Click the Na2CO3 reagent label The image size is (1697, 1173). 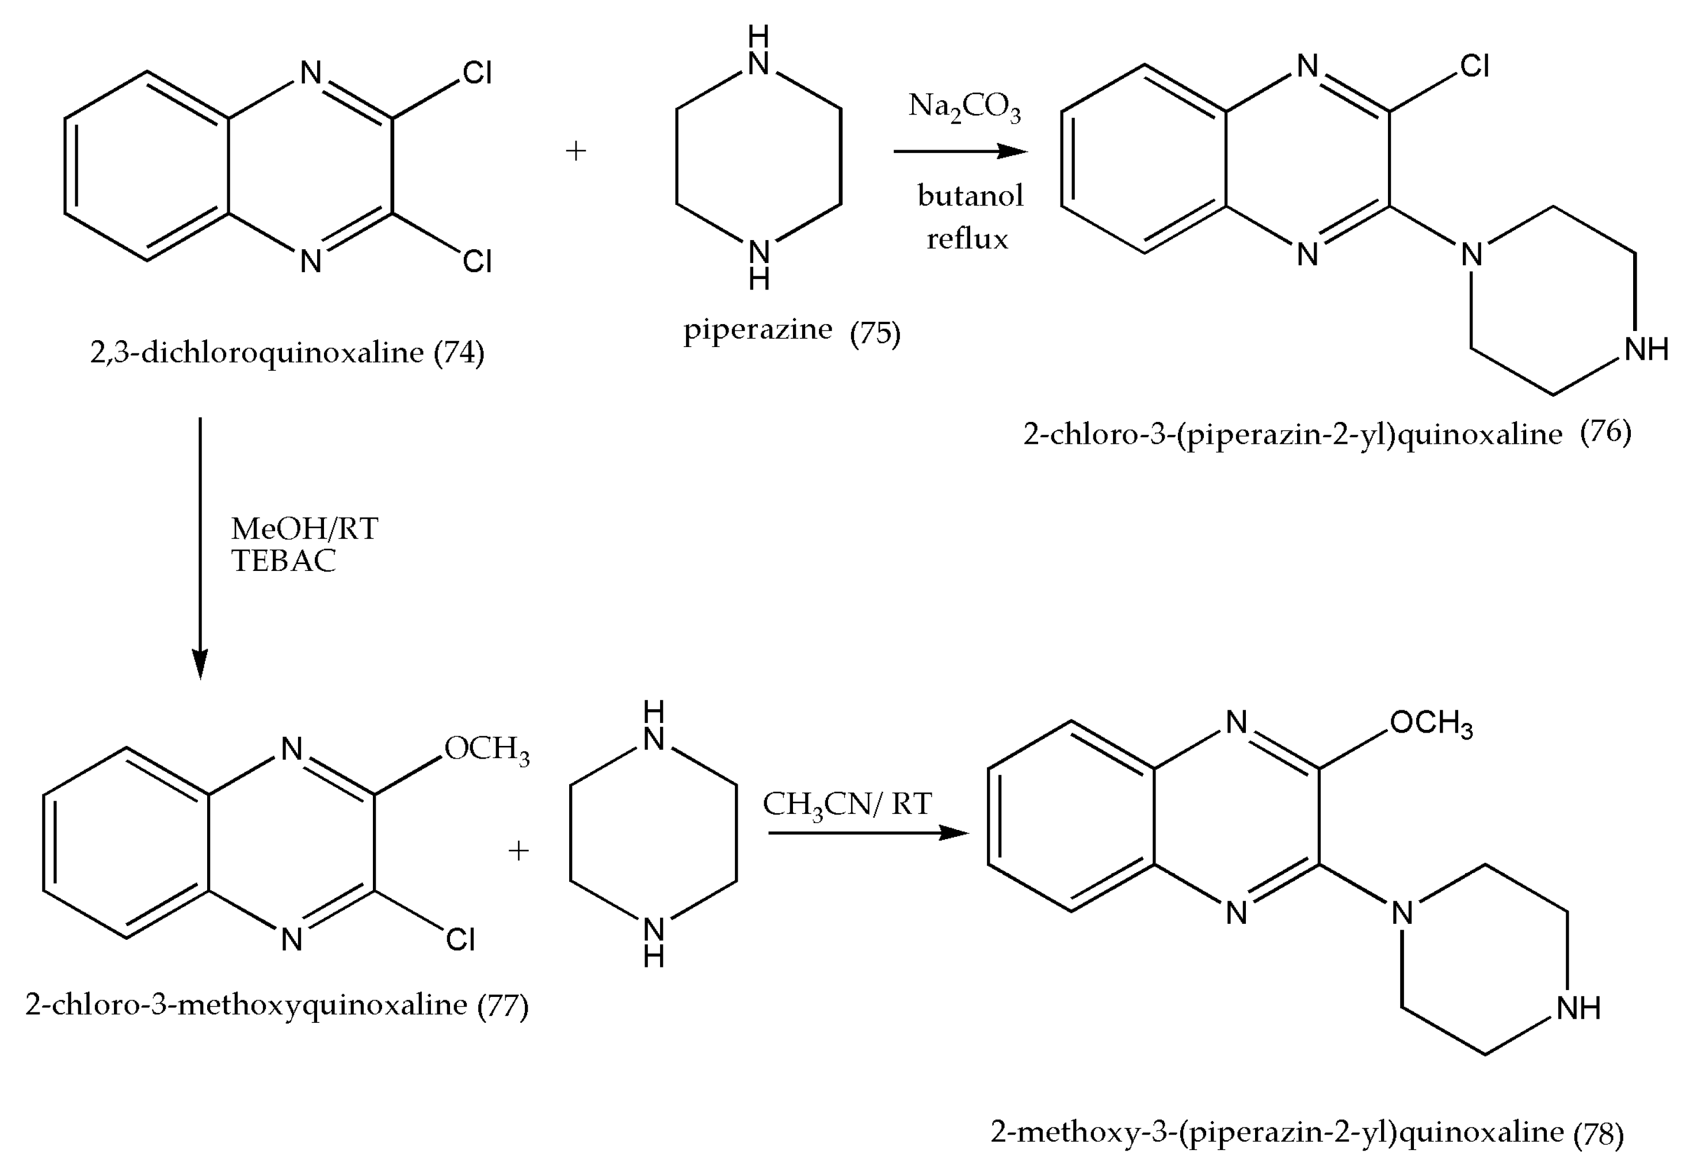pos(964,107)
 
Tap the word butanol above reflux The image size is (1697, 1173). pos(970,196)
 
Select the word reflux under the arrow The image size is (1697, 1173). pos(967,239)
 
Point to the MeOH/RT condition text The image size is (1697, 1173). pos(304,528)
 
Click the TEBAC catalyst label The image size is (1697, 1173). pos(284,561)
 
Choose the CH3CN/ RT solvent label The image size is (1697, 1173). pos(847,805)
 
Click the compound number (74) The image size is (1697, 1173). pos(459,353)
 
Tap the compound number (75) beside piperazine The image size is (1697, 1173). pos(874,334)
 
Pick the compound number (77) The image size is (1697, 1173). pos(502,1006)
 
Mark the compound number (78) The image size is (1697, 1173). pos(1598,1133)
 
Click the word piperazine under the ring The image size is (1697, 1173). pos(757,329)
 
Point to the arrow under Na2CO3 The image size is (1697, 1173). pos(959,151)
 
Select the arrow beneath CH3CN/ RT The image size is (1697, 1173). pos(868,833)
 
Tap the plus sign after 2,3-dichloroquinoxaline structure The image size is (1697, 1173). pos(576,151)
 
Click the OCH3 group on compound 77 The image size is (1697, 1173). pos(486,749)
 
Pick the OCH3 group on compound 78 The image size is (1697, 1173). pos(1431,723)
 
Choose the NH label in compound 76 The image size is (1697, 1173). pos(1646,350)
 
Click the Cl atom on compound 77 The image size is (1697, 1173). pos(460,939)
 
